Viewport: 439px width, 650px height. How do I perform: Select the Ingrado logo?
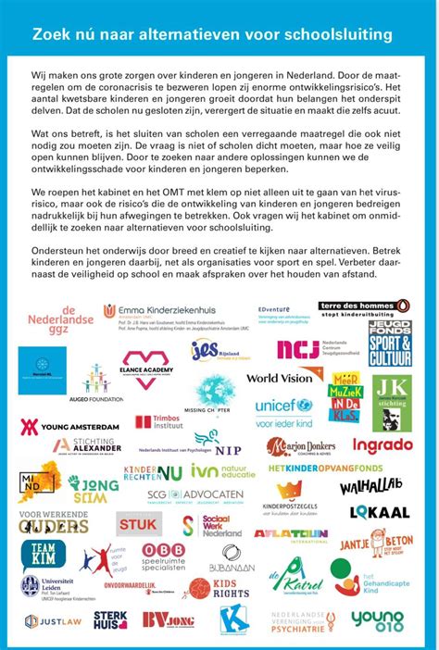point(382,445)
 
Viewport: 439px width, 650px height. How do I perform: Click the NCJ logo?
point(297,349)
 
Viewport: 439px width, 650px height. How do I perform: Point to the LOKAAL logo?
point(379,512)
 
